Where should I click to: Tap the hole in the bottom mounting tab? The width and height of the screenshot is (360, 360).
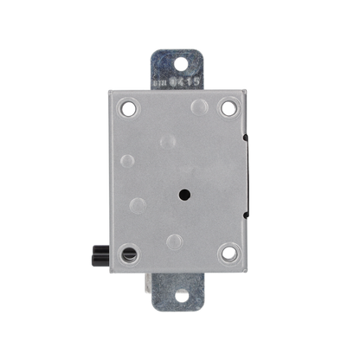pyautogui.click(x=183, y=296)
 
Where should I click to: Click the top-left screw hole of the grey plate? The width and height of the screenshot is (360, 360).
pyautogui.click(x=130, y=109)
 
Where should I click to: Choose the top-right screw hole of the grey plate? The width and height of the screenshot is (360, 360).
pyautogui.click(x=228, y=108)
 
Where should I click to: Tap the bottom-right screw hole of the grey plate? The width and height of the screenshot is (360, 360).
pyautogui.click(x=228, y=254)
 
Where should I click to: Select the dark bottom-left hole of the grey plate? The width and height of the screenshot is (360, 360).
pyautogui.click(x=130, y=255)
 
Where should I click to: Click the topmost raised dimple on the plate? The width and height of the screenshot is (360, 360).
pyautogui.click(x=200, y=107)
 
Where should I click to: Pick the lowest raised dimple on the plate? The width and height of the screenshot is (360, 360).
pyautogui.click(x=175, y=241)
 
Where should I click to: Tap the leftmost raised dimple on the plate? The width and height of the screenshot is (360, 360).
pyautogui.click(x=128, y=160)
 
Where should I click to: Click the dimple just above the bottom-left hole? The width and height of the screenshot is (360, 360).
pyautogui.click(x=137, y=206)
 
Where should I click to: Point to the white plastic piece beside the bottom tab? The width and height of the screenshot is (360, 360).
pyautogui.click(x=149, y=281)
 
